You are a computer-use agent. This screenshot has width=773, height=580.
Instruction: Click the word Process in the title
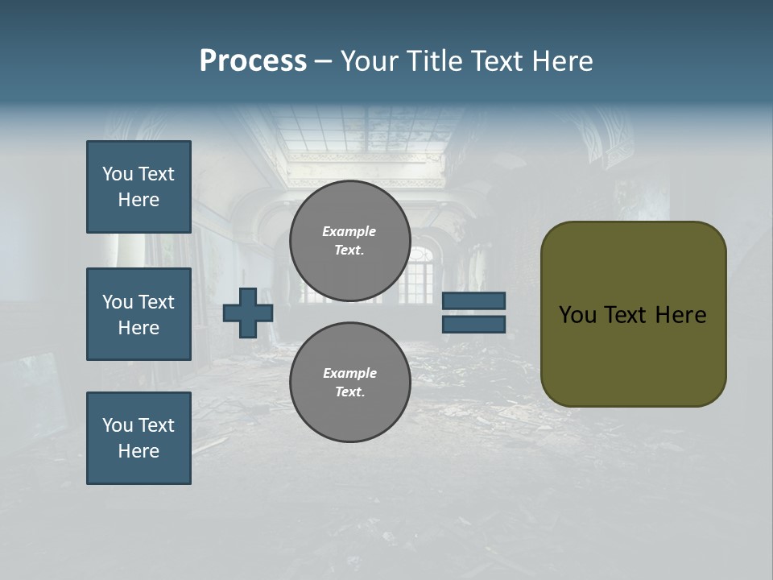click(x=253, y=61)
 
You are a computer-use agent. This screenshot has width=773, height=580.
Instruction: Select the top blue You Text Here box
click(x=138, y=187)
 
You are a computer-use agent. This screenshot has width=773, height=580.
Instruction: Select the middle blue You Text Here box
click(x=138, y=314)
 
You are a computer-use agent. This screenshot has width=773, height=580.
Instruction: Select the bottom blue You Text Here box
click(x=138, y=438)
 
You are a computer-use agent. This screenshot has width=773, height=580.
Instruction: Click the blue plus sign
click(x=247, y=313)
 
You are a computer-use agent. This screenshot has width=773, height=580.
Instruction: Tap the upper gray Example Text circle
click(x=349, y=240)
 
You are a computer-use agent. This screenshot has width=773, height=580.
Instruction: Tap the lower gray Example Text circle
click(x=349, y=382)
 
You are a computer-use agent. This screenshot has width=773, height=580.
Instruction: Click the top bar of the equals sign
click(x=473, y=301)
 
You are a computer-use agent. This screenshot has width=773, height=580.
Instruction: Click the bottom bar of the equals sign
click(x=473, y=324)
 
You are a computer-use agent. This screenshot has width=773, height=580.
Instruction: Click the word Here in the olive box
click(x=680, y=315)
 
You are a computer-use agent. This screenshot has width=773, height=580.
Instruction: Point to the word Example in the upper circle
click(x=349, y=231)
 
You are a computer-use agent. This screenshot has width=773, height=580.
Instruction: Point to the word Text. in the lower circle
click(x=349, y=392)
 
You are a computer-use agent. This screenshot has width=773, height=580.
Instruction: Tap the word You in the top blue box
click(x=117, y=174)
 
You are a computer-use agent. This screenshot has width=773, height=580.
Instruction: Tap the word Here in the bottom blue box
click(x=138, y=451)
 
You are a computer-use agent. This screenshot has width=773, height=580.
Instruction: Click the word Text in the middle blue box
click(x=156, y=302)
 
